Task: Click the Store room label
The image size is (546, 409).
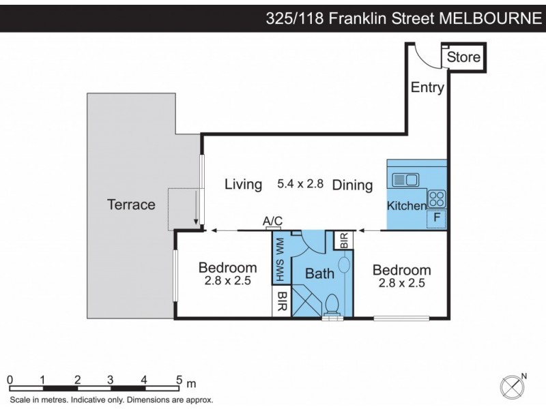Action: pyautogui.click(x=464, y=57)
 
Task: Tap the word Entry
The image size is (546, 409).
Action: pyautogui.click(x=427, y=87)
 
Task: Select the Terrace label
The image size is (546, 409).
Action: pyautogui.click(x=131, y=204)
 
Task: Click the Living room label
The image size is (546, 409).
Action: pyautogui.click(x=244, y=185)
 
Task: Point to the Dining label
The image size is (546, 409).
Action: pyautogui.click(x=352, y=185)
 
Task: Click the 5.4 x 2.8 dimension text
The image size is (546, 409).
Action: pyautogui.click(x=300, y=184)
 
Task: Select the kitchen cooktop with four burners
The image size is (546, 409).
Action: pyautogui.click(x=437, y=199)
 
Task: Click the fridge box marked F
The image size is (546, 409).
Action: pyautogui.click(x=436, y=218)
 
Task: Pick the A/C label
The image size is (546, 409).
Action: pyautogui.click(x=273, y=219)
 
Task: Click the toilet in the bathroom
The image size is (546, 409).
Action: pyautogui.click(x=334, y=303)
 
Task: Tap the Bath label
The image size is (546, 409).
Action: pyautogui.click(x=319, y=273)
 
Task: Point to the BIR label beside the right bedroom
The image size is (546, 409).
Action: pyautogui.click(x=343, y=240)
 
